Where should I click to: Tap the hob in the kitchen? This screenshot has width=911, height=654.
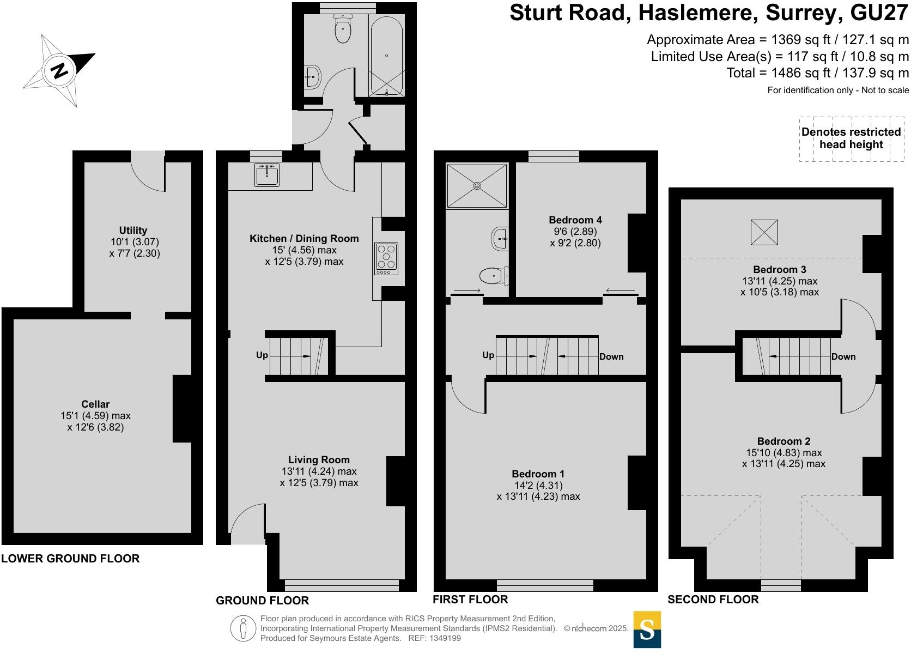pyautogui.click(x=386, y=259)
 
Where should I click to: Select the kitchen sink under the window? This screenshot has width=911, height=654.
pyautogui.click(x=267, y=176)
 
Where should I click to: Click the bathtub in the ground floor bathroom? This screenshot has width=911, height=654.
pyautogui.click(x=386, y=56)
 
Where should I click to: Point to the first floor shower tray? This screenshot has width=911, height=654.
pyautogui.click(x=477, y=186)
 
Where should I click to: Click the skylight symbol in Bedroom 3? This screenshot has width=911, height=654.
pyautogui.click(x=764, y=233)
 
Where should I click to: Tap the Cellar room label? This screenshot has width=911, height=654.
pyautogui.click(x=95, y=404)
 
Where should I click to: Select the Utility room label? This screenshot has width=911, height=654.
pyautogui.click(x=133, y=230)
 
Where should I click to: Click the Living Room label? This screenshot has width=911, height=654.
pyautogui.click(x=319, y=459)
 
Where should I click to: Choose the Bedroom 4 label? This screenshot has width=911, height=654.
pyautogui.click(x=575, y=220)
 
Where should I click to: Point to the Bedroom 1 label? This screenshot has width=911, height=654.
pyautogui.click(x=538, y=474)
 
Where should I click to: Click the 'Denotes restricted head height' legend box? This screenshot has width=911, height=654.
pyautogui.click(x=851, y=138)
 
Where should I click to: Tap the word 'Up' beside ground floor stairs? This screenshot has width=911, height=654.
pyautogui.click(x=262, y=355)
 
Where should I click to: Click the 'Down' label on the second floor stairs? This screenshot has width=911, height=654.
pyautogui.click(x=843, y=356)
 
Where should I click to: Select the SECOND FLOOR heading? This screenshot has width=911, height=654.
pyautogui.click(x=713, y=599)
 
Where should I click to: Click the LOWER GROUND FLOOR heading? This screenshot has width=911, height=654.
pyautogui.click(x=70, y=558)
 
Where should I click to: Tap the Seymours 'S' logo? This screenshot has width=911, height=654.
pyautogui.click(x=647, y=630)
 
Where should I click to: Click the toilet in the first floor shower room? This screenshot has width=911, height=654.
pyautogui.click(x=493, y=276)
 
